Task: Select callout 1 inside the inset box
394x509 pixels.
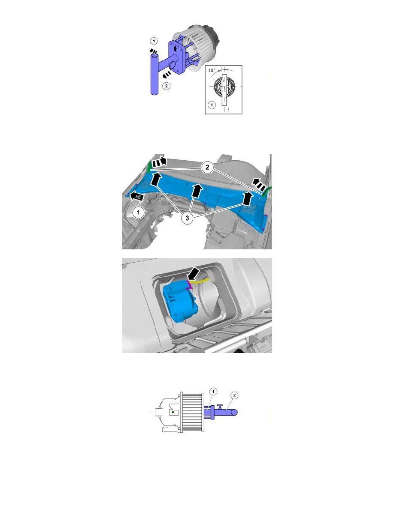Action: tap(211, 105)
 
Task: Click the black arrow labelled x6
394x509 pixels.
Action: tap(136, 196)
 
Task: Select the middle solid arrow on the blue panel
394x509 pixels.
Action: tap(197, 191)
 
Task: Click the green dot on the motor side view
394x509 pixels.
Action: tap(172, 412)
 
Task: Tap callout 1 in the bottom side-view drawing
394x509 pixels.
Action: tap(214, 391)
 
